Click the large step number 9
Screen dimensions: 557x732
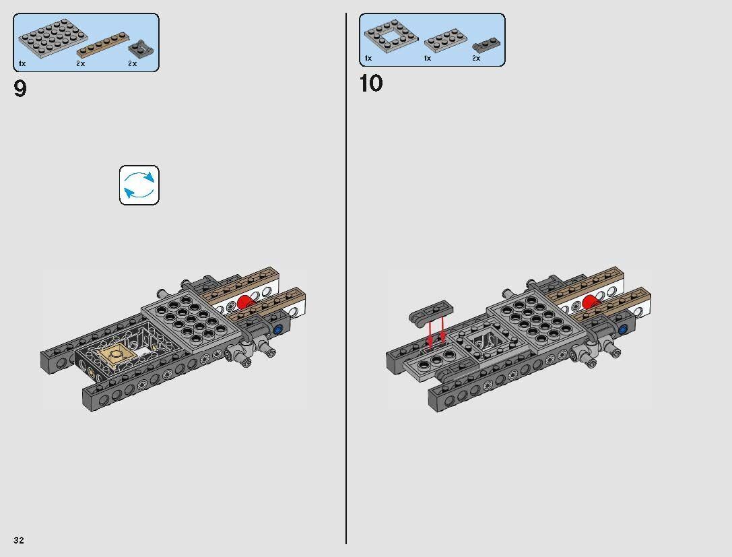coord(20,88)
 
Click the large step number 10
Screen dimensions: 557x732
coord(371,84)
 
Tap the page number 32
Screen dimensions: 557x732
coord(19,540)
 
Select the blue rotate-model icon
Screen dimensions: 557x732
coord(139,185)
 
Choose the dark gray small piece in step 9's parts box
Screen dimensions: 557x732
coord(141,48)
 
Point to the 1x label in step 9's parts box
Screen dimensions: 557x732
coord(22,63)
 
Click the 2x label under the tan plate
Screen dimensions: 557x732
coord(80,63)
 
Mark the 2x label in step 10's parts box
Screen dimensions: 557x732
coord(476,59)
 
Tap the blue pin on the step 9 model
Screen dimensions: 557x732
coord(277,329)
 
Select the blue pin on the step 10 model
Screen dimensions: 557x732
coord(623,329)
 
